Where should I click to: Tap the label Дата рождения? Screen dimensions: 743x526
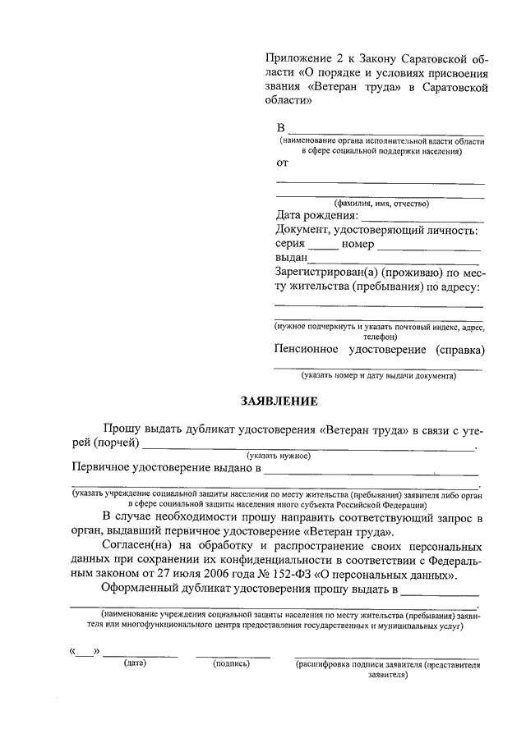pyautogui.click(x=316, y=216)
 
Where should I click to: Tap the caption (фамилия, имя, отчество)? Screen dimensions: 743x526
pyautogui.click(x=379, y=203)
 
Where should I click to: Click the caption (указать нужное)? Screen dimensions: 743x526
pyautogui.click(x=277, y=456)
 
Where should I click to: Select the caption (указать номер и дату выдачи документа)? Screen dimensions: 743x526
pyautogui.click(x=377, y=376)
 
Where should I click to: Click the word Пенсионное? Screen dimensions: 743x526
pyautogui.click(x=307, y=349)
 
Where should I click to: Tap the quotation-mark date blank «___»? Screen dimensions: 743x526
pyautogui.click(x=85, y=652)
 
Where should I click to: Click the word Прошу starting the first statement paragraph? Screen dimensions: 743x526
pyautogui.click(x=122, y=429)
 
